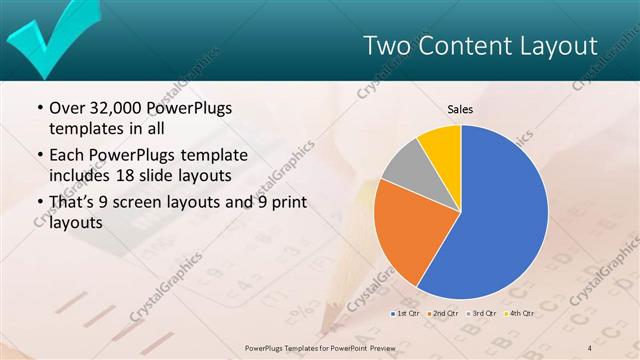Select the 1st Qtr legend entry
[406, 313]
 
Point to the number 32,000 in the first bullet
[120, 109]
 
